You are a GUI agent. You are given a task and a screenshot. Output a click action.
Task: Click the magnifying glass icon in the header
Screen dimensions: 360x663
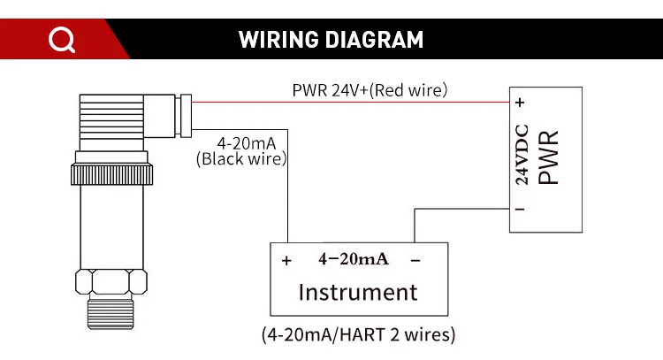tap(62, 40)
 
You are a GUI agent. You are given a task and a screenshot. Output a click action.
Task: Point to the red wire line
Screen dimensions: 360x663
tap(354, 103)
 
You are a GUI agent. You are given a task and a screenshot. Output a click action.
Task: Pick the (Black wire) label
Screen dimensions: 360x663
tap(242, 159)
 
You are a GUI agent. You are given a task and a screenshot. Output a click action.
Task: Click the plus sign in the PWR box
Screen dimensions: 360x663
tap(521, 103)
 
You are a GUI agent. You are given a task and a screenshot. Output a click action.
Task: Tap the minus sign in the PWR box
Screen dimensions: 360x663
tap(521, 210)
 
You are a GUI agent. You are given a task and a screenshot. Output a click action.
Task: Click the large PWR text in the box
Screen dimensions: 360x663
tap(549, 157)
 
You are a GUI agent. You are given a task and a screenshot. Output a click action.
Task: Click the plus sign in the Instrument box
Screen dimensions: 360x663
tap(286, 261)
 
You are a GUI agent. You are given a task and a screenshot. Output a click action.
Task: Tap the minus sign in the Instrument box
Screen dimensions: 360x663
tap(415, 261)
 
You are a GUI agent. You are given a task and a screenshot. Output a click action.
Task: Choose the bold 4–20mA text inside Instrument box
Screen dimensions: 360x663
tap(353, 259)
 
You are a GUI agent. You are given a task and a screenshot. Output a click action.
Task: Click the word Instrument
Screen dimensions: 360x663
tap(357, 292)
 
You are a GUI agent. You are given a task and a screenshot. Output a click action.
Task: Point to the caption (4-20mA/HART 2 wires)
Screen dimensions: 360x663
tap(358, 335)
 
